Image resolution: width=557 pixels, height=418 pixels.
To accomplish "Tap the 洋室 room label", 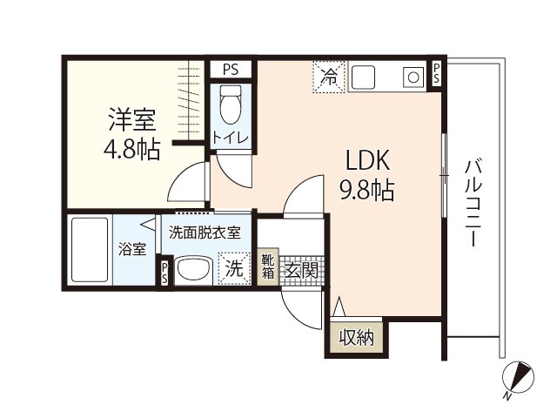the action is [x=132, y=120].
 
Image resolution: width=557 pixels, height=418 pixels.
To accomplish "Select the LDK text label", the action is [x=368, y=160].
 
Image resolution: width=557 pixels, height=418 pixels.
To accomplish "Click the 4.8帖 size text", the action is [x=131, y=149].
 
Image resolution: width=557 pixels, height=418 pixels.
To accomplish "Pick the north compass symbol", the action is [x=518, y=378].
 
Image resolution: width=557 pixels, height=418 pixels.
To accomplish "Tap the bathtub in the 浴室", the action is [x=90, y=249].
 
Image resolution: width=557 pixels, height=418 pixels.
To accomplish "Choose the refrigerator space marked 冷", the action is [x=329, y=77].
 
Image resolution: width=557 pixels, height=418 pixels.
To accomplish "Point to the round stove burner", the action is [x=413, y=78].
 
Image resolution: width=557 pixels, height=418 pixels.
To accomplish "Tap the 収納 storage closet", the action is [x=357, y=337].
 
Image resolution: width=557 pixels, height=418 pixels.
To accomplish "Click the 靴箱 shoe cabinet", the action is [x=268, y=267].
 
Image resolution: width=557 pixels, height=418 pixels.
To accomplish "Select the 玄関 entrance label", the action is [x=301, y=271].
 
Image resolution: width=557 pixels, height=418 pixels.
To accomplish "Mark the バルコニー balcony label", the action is [x=473, y=203].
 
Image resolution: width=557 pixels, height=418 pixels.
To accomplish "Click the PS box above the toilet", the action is [x=231, y=70].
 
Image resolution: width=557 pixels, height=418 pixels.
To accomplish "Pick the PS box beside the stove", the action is [x=437, y=74].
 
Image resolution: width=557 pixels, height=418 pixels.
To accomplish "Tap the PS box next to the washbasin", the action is [x=164, y=273].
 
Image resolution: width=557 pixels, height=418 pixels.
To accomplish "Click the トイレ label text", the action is [x=231, y=138].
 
